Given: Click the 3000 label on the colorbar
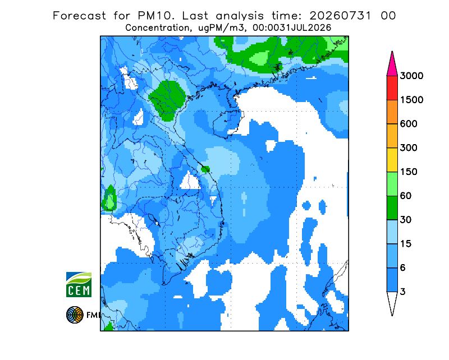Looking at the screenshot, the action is coord(411,76).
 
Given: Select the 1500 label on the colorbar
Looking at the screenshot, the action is coord(411,100).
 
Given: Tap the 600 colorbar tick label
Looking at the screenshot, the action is coord(409,124).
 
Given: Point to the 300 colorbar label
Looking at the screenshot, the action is coord(409,148).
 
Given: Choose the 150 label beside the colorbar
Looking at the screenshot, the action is coord(409,172).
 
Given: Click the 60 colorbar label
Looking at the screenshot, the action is coord(406,196).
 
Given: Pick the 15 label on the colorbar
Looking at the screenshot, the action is coord(406,244).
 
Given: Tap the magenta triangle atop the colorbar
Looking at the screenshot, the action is coord(392,65).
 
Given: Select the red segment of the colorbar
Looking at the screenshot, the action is coord(392,88).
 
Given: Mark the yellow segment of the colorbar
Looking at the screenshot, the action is coord(392,160).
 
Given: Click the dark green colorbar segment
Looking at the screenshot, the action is coord(392,208).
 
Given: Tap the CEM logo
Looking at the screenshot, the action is coord(79,284).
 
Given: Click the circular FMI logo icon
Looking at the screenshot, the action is coord(75,315).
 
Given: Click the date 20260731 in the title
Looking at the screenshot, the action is coord(341,16).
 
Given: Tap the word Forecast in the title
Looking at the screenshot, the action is coord(79,16).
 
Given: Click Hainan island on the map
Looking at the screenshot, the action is coord(227,124).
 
